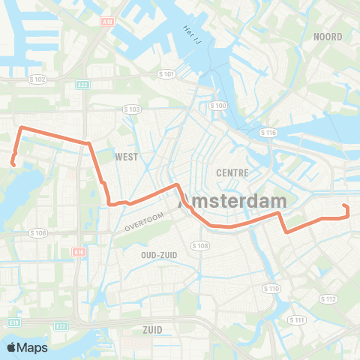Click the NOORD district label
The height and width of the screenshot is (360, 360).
tap(328, 37)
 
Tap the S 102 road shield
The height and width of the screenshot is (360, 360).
tap(38, 79)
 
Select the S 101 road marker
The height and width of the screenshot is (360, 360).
tap(166, 74)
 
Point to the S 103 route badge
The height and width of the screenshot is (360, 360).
tap(132, 109)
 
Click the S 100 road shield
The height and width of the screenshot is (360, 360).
tap(218, 106)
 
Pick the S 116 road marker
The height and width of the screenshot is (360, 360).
tap(268, 133)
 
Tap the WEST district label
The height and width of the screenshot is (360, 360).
tap(127, 157)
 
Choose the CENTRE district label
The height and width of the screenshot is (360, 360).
tap(232, 172)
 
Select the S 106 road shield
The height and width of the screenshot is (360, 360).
tap(38, 233)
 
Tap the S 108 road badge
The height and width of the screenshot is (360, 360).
tap(199, 245)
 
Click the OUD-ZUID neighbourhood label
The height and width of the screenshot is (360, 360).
tap(158, 254)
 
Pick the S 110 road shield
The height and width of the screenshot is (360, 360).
tap(271, 289)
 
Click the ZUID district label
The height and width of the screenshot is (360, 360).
tap(152, 328)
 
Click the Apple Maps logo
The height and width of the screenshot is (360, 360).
tap(27, 347)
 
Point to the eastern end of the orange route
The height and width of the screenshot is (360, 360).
tap(343, 205)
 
